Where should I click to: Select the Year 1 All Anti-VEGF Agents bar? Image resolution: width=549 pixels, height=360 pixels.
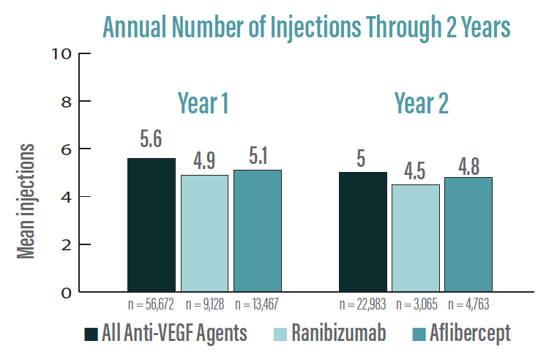pyautogui.click(x=152, y=225)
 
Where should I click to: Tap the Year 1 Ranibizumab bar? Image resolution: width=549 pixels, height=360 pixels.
pyautogui.click(x=205, y=233)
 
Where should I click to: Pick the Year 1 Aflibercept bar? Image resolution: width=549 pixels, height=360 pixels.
pyautogui.click(x=258, y=230)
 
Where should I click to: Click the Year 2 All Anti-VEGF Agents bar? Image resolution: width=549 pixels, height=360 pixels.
pyautogui.click(x=362, y=232)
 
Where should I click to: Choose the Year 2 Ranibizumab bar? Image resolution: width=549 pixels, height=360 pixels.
pyautogui.click(x=416, y=238)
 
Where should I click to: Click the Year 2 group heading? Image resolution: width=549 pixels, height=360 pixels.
pyautogui.click(x=421, y=104)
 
